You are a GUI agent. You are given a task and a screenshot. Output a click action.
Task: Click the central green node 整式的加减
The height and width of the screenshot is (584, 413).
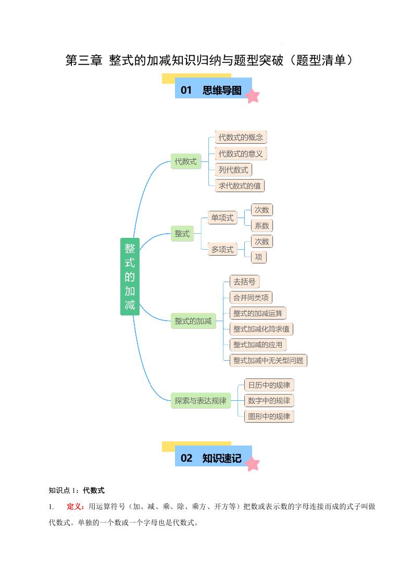point(130,276)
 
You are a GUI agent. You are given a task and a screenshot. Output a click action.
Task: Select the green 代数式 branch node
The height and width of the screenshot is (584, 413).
point(186,161)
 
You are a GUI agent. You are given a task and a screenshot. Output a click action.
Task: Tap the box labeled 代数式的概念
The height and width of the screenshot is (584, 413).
point(241,137)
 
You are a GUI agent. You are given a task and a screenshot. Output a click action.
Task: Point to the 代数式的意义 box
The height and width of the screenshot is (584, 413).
point(241,154)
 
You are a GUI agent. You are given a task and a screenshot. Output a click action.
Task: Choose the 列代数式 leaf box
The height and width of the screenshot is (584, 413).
point(233,170)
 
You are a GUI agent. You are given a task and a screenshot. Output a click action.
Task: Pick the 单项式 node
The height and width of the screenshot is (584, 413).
point(222,218)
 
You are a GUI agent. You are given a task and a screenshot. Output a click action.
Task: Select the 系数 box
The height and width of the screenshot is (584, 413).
point(262,225)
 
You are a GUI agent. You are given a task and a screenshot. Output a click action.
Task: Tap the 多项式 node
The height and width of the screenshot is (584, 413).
point(222,249)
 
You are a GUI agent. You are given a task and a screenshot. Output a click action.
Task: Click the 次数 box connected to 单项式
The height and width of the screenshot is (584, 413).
point(262,210)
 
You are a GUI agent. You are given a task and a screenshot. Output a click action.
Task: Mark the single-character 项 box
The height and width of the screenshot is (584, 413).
point(258,257)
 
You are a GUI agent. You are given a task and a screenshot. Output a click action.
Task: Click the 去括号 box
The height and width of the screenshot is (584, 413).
point(244,282)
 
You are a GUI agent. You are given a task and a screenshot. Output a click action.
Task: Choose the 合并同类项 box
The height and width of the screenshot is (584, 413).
point(251,298)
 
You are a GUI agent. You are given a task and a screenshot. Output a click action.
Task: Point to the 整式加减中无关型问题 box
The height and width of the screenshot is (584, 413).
point(268,360)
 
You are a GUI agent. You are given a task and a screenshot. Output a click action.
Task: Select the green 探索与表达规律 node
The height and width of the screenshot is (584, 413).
point(201,401)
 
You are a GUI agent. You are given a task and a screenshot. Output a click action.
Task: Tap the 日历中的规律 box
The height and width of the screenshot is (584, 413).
point(269,385)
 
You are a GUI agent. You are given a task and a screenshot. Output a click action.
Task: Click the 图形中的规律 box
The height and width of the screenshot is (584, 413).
point(269,416)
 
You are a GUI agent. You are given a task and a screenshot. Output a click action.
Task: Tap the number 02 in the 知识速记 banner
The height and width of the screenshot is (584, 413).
point(186,458)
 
